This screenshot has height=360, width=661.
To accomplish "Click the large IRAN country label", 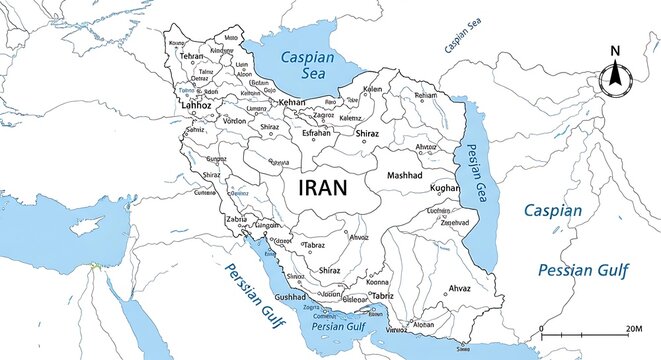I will [322, 187].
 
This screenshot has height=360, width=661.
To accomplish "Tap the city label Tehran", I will [191, 57].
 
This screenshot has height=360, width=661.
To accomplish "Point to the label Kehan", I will [292, 103].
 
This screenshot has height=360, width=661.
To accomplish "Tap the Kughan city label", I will [444, 187].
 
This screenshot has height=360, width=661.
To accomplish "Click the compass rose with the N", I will [615, 75].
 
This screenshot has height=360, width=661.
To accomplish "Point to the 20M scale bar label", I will [632, 328].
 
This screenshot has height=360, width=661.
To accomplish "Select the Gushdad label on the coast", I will [291, 297].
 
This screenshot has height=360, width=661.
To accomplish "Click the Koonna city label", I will [378, 282].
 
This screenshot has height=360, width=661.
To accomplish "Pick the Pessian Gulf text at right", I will [577, 270].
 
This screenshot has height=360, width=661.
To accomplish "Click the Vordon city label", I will [234, 120].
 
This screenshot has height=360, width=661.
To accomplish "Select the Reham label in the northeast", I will [426, 95].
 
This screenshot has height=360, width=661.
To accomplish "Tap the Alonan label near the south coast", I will [424, 325].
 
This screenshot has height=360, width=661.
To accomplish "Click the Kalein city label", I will [372, 89].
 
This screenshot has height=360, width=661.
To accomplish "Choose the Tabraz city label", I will [315, 244].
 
